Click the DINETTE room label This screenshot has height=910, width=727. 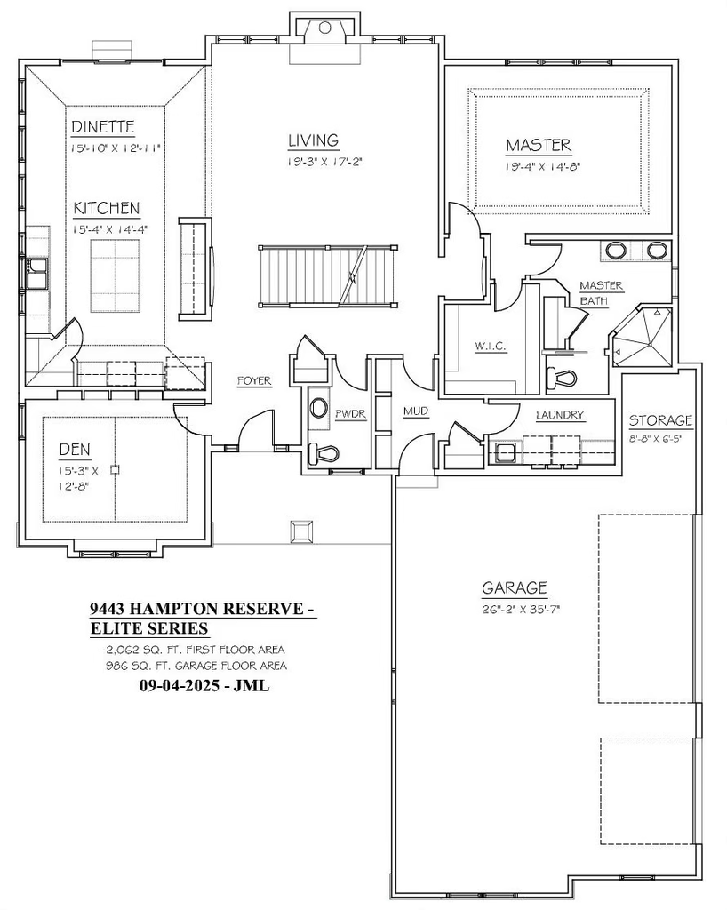pyautogui.click(x=103, y=127)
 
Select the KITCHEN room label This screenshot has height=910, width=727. pyautogui.click(x=107, y=208)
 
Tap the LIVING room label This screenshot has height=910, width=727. pyautogui.click(x=313, y=140)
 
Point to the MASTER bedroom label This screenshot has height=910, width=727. pyautogui.click(x=538, y=145)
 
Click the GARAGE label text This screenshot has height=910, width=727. pyautogui.click(x=515, y=588)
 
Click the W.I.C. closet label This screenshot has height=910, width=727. pyautogui.click(x=491, y=347)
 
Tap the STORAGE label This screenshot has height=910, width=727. pyautogui.click(x=661, y=420)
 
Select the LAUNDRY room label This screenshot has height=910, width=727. pyautogui.click(x=560, y=415)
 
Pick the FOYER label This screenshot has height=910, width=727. pyautogui.click(x=253, y=381)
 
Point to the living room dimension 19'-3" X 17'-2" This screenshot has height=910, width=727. pyautogui.click(x=326, y=161)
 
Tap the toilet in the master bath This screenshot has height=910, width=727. pyautogui.click(x=563, y=378)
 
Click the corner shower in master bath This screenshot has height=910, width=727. pyautogui.click(x=642, y=338)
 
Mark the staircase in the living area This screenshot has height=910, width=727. pyautogui.click(x=326, y=275)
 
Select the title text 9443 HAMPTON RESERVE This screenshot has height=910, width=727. pyautogui.click(x=203, y=609)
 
